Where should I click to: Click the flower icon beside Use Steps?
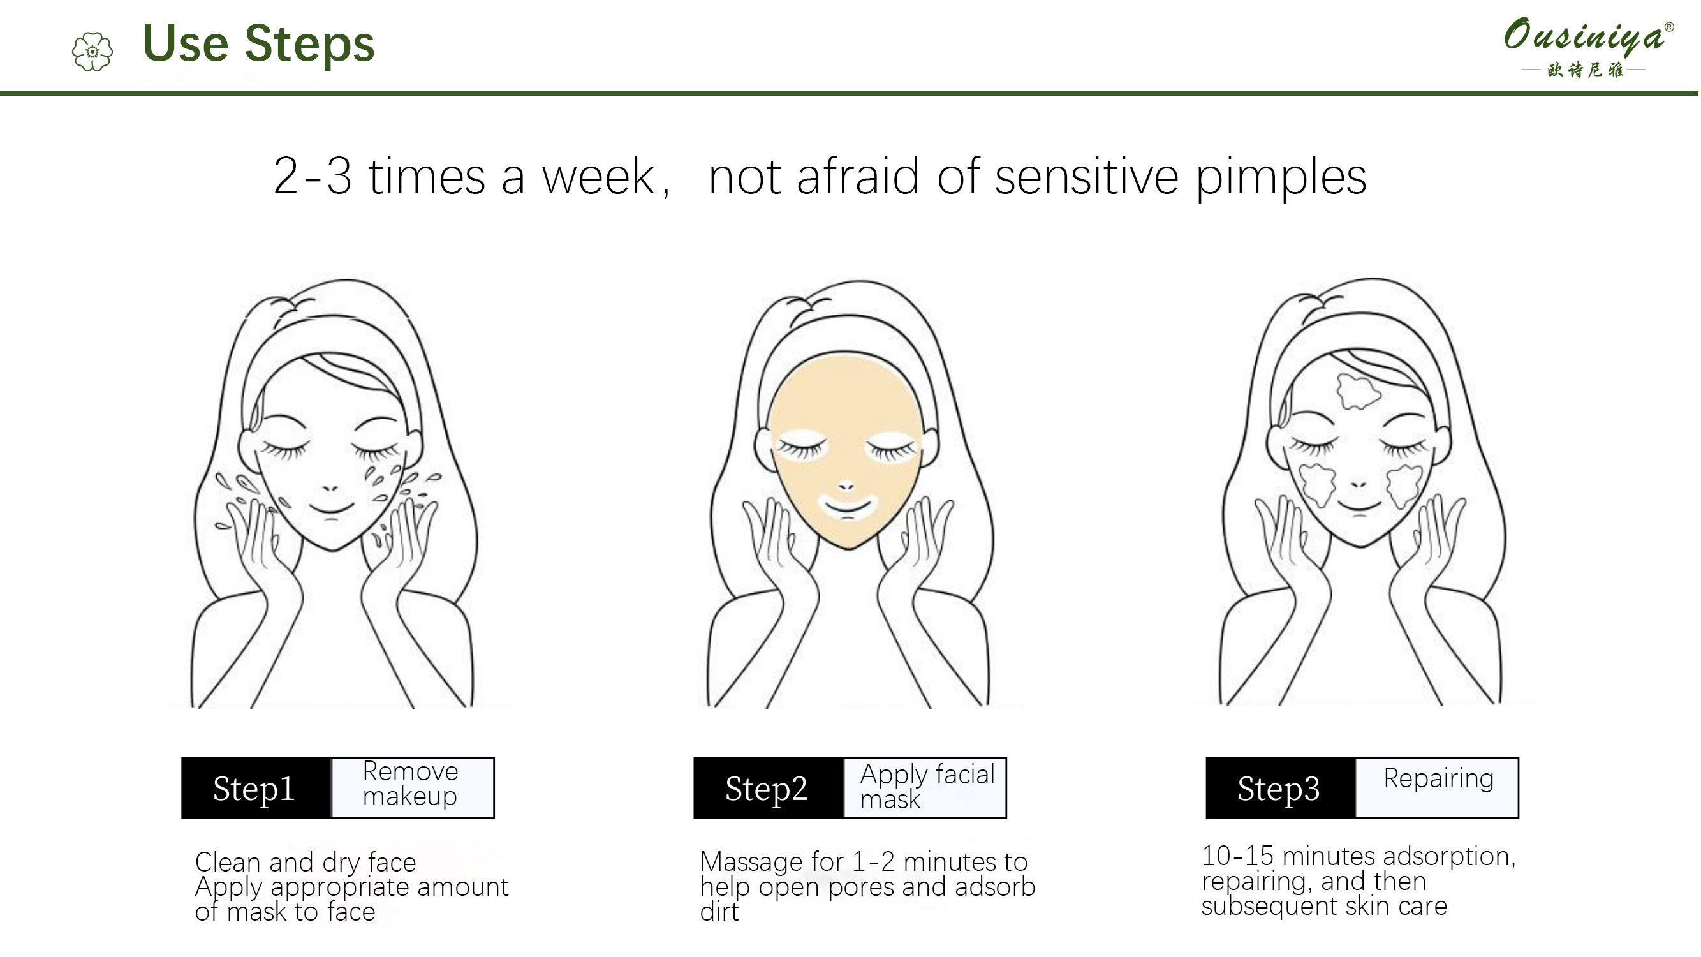[92, 52]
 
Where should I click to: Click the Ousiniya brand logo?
[1588, 46]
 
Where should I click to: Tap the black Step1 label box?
[256, 788]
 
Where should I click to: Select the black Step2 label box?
[768, 788]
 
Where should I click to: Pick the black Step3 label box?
[1280, 788]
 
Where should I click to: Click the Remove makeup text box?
[412, 788]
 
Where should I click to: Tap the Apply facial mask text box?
[924, 788]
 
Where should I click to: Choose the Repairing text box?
[1437, 788]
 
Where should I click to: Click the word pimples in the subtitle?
[1281, 179]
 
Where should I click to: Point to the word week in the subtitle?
[598, 177]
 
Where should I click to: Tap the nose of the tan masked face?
[846, 487]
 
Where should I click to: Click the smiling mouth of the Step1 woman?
[332, 510]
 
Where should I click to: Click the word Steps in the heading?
[309, 44]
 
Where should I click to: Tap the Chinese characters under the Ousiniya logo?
[1585, 70]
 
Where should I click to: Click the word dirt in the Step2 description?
[719, 912]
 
